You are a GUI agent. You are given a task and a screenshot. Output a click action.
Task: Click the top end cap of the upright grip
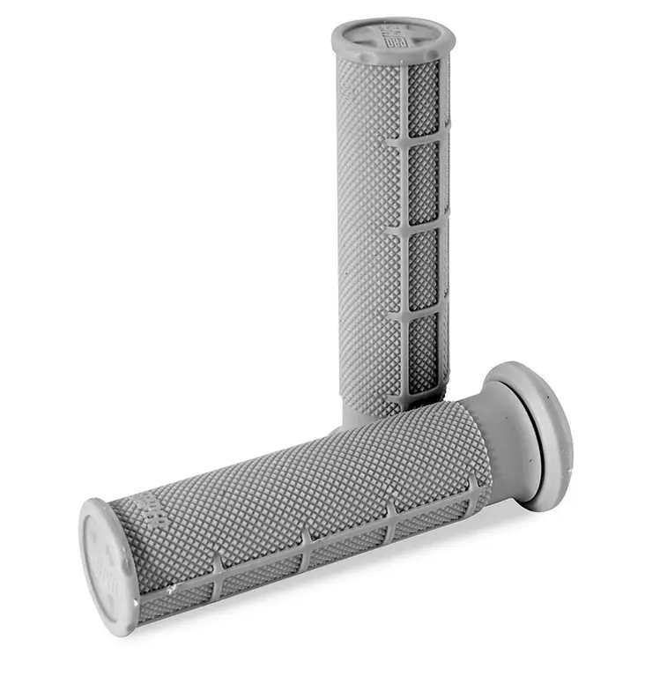(392, 38)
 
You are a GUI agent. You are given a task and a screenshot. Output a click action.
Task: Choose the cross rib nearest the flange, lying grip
(476, 490)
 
